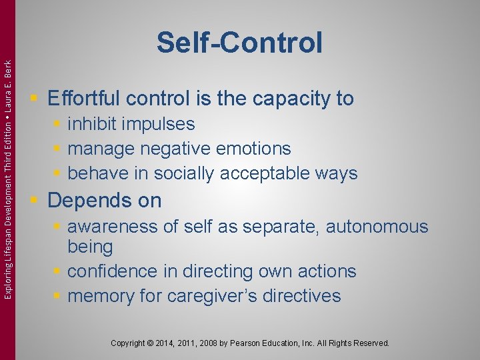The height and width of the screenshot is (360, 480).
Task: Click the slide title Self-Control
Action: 239,43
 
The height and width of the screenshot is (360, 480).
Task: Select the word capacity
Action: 291,99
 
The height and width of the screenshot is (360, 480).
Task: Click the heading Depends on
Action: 105,200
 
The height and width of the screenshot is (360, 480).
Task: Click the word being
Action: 90,247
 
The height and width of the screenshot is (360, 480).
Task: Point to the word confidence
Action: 117,271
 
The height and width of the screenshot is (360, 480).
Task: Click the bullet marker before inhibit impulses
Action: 59,124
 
